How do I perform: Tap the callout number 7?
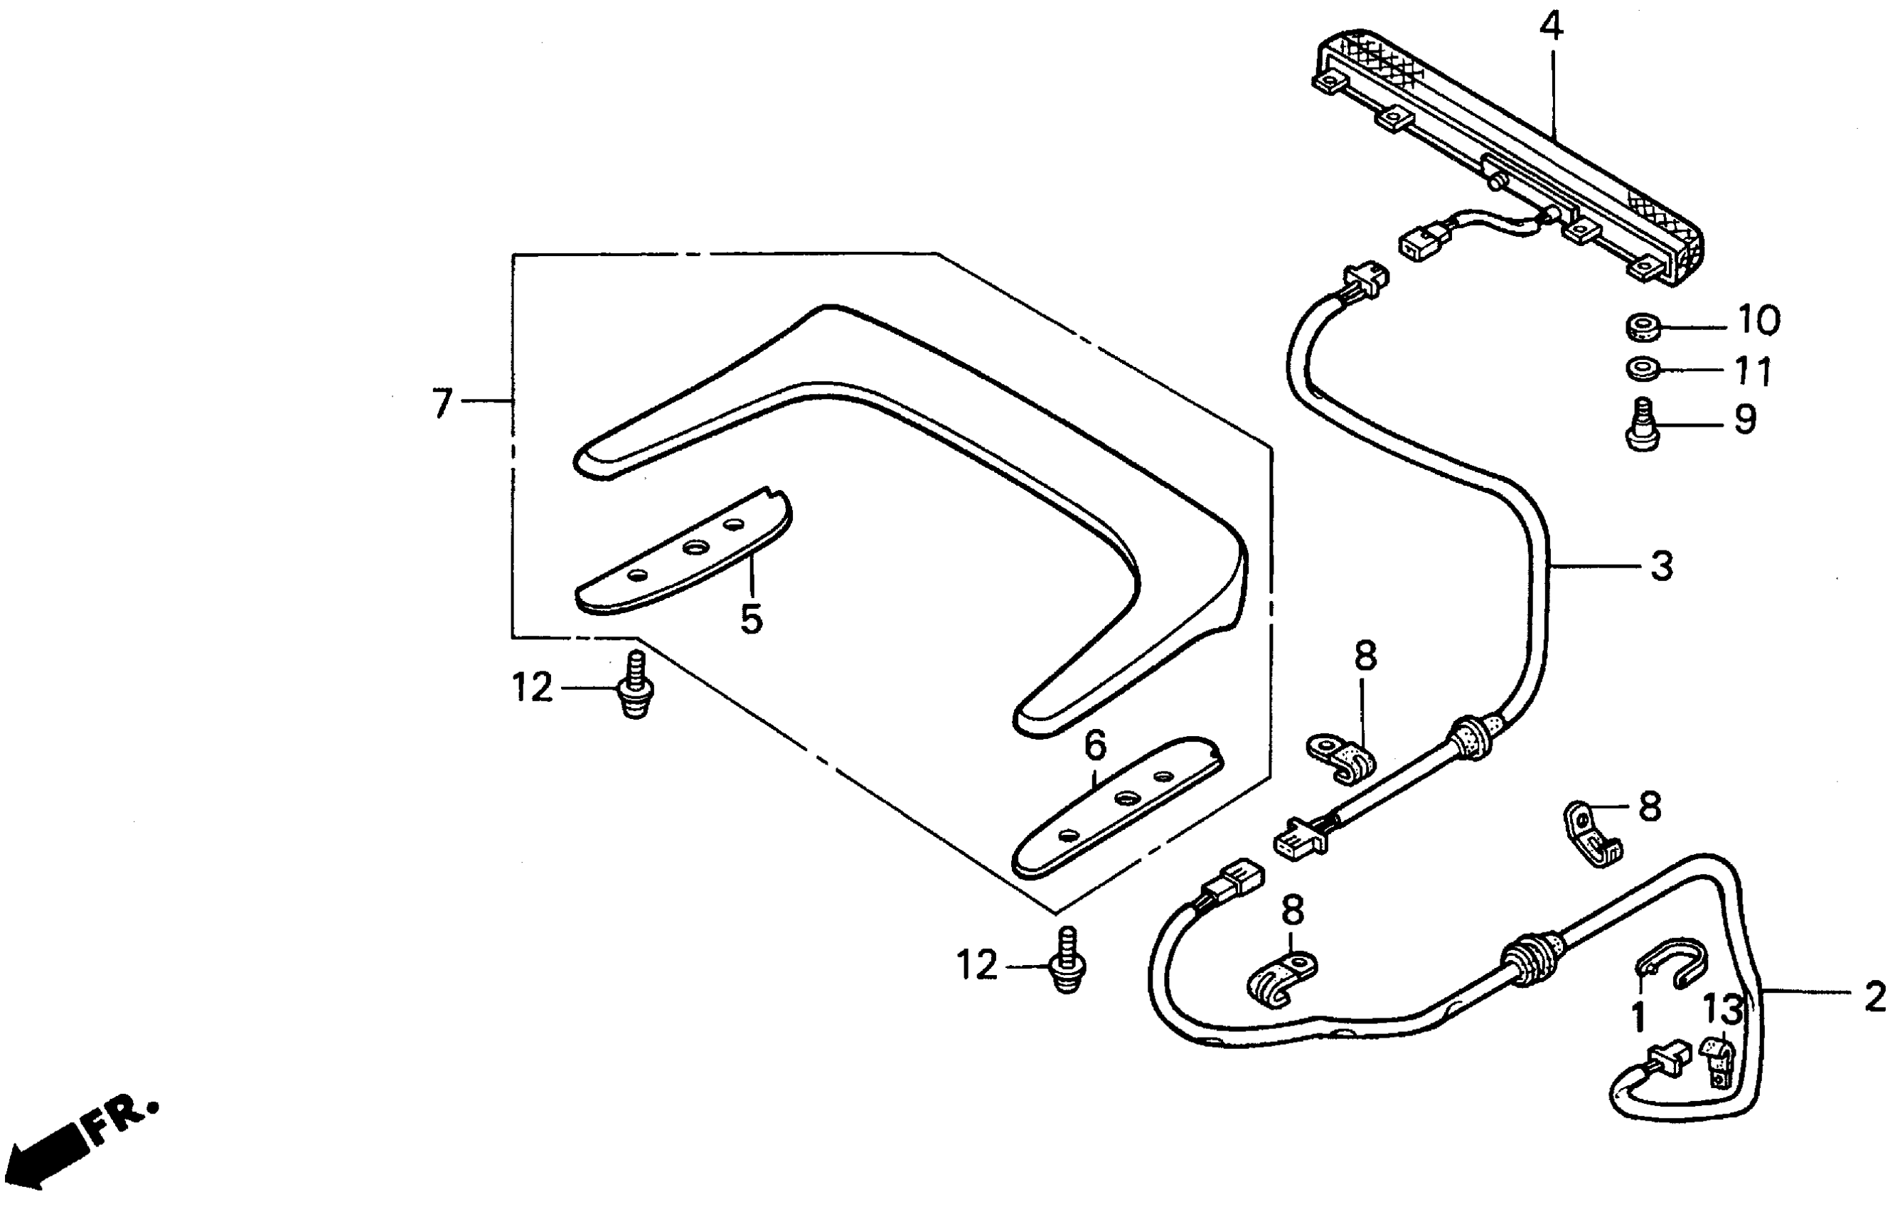[x=442, y=403]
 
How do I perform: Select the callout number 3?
[x=1662, y=567]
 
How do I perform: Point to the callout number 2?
[x=1874, y=997]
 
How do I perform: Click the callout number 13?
[x=1722, y=1009]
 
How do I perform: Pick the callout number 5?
[x=751, y=619]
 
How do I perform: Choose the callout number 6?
[x=1095, y=744]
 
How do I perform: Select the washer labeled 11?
[x=1642, y=368]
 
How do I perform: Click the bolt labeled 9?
[x=1643, y=425]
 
